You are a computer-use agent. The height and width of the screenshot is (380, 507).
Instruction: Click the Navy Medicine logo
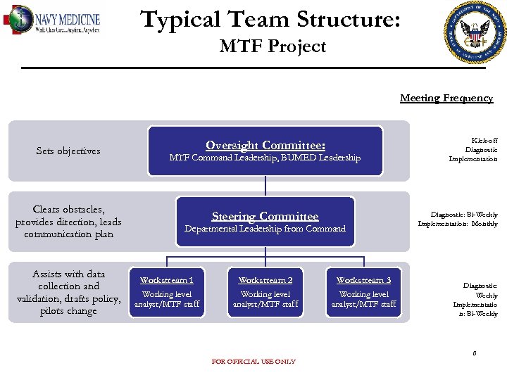[x=53, y=20]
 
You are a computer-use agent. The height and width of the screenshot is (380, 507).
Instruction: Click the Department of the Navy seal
[x=475, y=32]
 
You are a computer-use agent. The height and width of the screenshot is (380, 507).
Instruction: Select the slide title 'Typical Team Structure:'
[x=271, y=19]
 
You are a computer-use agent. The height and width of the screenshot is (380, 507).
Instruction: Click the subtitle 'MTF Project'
[x=273, y=46]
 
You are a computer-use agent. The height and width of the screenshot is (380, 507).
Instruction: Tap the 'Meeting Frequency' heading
[x=446, y=98]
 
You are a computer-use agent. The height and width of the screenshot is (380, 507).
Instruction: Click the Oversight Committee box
[x=265, y=151]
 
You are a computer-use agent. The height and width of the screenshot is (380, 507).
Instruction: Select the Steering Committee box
[x=265, y=222]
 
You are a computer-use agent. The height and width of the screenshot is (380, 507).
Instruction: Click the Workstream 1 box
[x=167, y=292]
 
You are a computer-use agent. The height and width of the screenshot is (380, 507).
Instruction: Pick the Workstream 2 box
[x=265, y=292]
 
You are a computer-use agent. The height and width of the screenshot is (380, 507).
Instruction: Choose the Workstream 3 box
[x=364, y=292]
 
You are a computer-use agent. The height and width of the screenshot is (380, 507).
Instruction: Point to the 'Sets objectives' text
[x=68, y=151]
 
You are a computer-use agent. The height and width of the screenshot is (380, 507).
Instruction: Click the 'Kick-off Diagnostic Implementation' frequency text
[x=473, y=150]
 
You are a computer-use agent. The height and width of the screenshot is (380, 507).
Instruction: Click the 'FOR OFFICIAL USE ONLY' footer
[x=254, y=362]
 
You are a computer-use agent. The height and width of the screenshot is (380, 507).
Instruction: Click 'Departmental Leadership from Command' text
[x=265, y=229]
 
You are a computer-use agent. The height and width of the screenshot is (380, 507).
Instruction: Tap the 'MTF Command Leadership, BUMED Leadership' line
[x=265, y=158]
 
